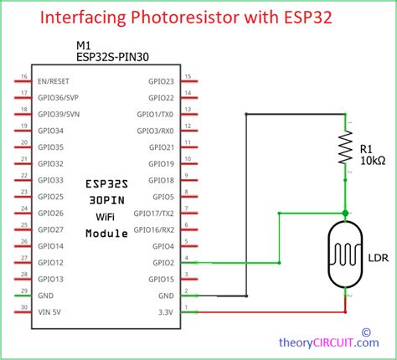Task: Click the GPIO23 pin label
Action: (160, 81)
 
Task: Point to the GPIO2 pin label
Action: (162, 262)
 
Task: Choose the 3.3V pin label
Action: (166, 311)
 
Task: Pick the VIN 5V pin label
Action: (53, 311)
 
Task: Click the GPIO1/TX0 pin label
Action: (155, 114)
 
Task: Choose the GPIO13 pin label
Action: (51, 278)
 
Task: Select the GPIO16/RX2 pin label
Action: (155, 229)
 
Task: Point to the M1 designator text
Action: (83, 45)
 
